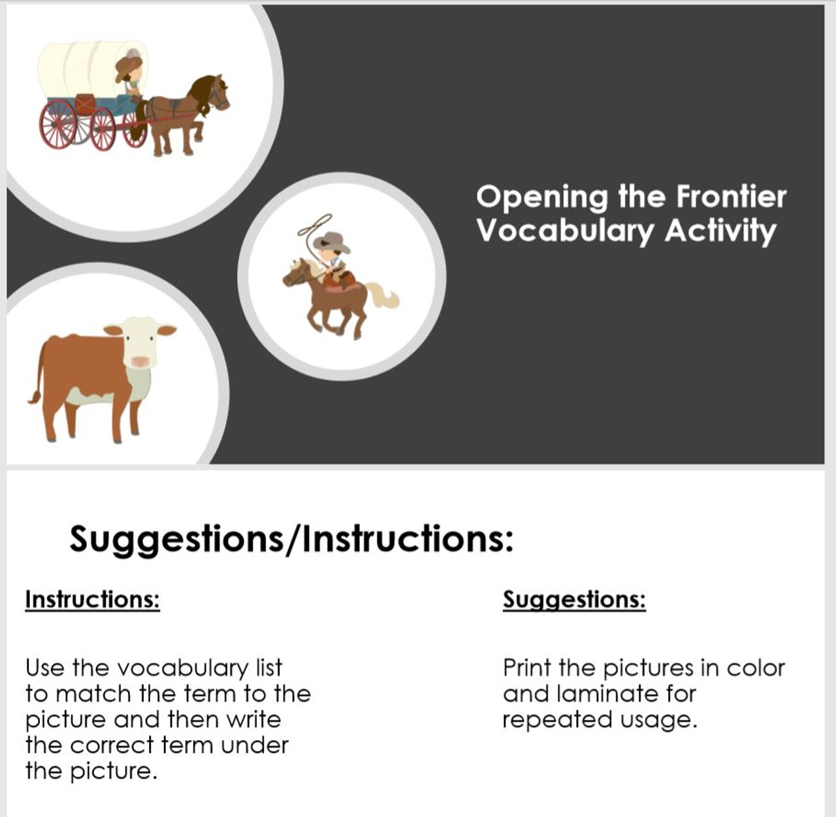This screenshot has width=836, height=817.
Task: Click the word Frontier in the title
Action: (731, 196)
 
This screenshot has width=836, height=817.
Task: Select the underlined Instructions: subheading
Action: (92, 599)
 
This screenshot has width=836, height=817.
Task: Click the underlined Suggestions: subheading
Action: (574, 599)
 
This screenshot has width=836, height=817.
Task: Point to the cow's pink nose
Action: (140, 361)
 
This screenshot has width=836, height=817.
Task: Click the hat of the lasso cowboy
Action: (332, 241)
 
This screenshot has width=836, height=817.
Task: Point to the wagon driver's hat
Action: (129, 63)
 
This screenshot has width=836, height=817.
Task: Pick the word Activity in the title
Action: (720, 232)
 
